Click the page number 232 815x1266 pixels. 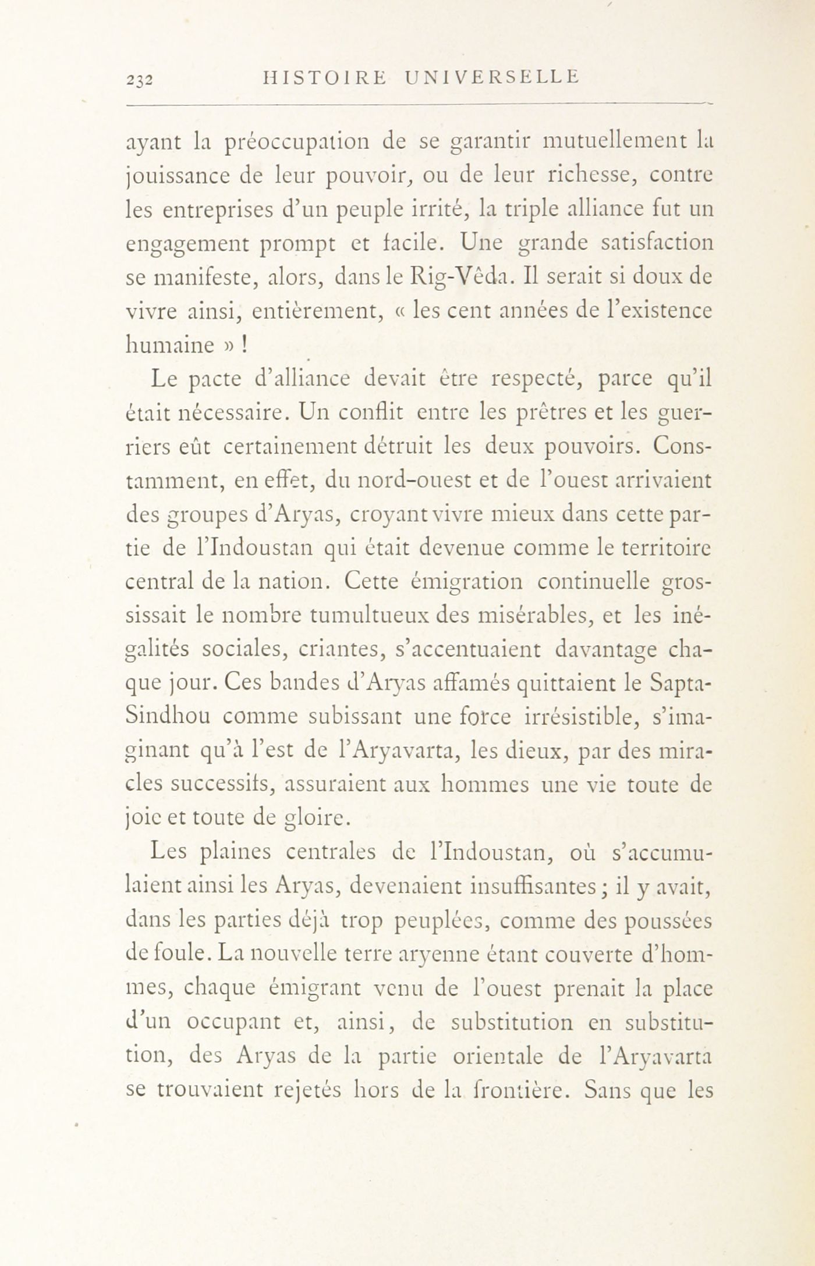point(140,80)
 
